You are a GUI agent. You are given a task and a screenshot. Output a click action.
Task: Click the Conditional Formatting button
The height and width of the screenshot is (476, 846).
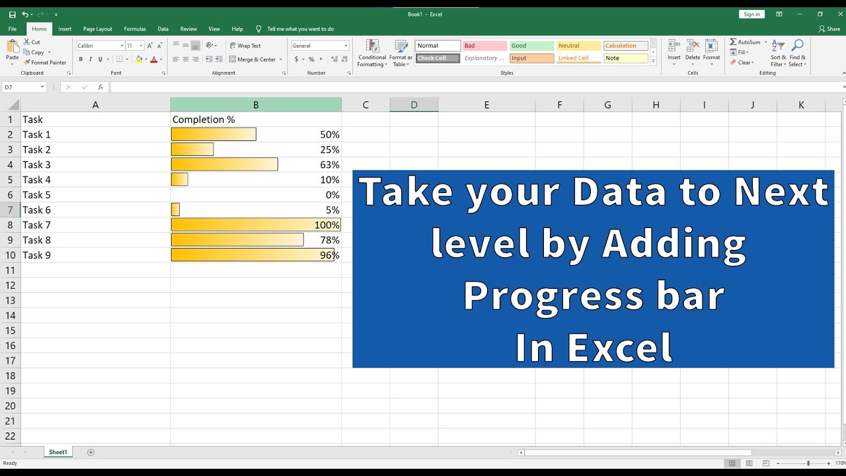point(372,54)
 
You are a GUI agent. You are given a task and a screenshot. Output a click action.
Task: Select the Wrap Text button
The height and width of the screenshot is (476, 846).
point(245,46)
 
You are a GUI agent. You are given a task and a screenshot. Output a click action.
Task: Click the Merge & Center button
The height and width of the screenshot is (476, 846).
point(256,59)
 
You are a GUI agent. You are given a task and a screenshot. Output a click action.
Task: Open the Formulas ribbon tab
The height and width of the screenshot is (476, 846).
point(135,29)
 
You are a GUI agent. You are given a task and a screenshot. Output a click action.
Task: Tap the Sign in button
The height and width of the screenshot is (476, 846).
point(751,15)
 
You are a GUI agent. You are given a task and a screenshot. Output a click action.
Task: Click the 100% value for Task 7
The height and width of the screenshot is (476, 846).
point(327,225)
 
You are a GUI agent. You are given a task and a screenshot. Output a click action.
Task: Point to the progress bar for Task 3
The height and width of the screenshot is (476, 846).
point(224,165)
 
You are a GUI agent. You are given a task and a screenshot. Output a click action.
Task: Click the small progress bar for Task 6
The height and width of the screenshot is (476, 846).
point(175,210)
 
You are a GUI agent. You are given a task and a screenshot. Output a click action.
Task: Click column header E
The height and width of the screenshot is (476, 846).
point(486,104)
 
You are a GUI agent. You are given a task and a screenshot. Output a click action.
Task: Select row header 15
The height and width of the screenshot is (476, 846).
point(10,331)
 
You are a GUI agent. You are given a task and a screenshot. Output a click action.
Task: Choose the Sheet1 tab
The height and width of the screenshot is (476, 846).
point(58,452)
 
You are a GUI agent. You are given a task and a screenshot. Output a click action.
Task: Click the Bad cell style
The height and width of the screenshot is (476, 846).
point(484,46)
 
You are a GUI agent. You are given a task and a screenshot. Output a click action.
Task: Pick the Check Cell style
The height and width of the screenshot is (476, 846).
point(438,58)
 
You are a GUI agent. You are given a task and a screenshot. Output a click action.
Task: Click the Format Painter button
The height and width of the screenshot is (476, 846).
point(44,63)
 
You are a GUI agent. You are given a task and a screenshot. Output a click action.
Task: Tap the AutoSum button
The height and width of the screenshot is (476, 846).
point(746,42)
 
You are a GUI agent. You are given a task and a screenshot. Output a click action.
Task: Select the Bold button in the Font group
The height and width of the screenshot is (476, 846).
point(81,59)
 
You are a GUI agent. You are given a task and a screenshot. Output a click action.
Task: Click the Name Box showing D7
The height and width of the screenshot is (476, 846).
point(24,87)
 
